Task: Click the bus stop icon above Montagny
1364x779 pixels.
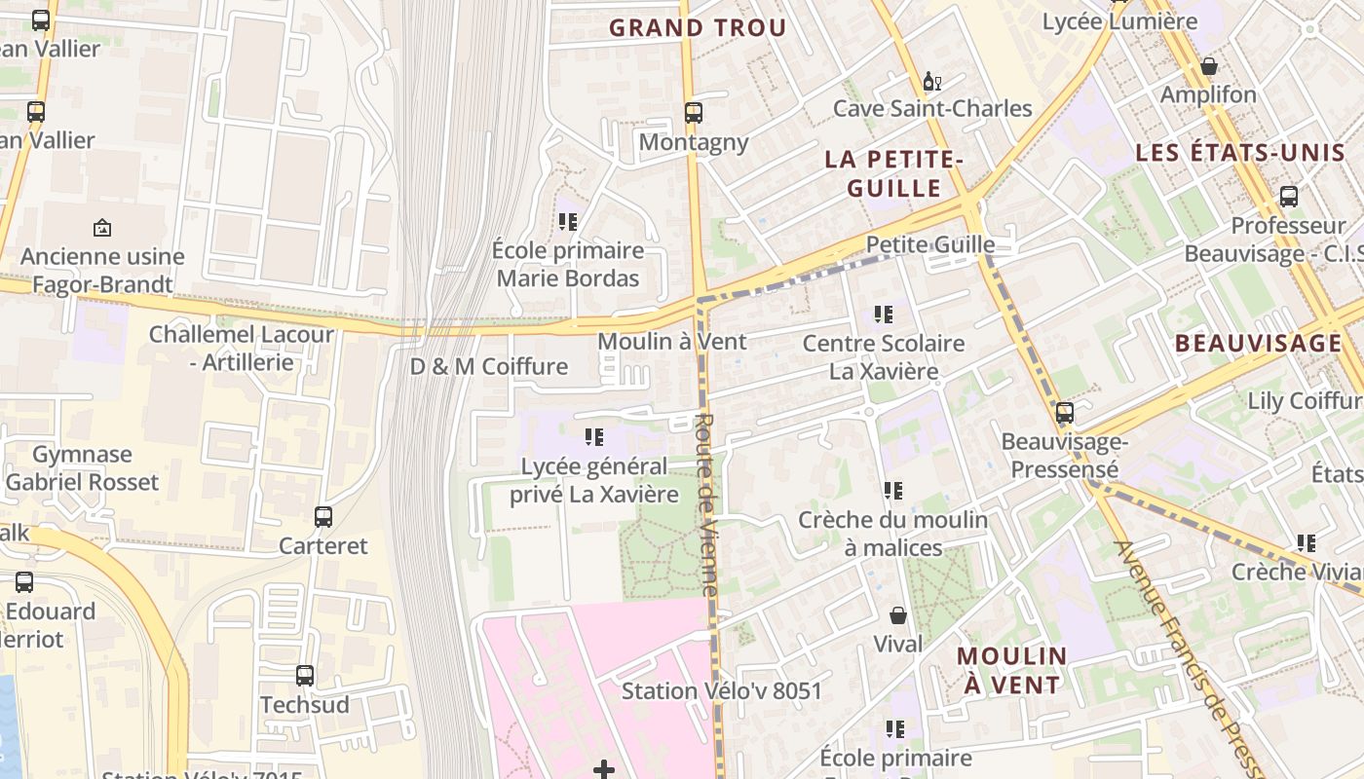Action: coord(693,113)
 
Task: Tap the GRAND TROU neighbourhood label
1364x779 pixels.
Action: coord(698,28)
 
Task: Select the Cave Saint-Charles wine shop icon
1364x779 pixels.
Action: coord(931,81)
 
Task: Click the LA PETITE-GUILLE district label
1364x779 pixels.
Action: coord(894,173)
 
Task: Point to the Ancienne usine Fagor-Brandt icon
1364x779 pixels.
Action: coord(102,228)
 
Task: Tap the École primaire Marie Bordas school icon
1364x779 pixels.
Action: coord(569,222)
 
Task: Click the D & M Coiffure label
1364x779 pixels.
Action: coord(488,366)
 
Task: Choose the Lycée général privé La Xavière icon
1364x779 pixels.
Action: coord(594,437)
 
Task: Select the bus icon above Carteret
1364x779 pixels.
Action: coord(323,517)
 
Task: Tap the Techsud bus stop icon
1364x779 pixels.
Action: coord(305,675)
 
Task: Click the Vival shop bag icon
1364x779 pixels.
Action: coord(897,615)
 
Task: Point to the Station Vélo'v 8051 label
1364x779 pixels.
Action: coord(722,691)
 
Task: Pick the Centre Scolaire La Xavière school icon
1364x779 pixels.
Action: coord(884,315)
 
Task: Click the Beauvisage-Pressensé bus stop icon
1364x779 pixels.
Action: coord(1065,413)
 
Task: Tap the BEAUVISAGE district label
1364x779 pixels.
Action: coord(1258,343)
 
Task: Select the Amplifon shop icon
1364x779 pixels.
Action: coord(1208,66)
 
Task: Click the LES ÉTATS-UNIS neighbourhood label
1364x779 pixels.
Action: coord(1239,153)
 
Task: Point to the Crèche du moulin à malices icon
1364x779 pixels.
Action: coord(893,491)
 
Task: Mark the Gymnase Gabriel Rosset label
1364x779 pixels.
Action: coord(82,468)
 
